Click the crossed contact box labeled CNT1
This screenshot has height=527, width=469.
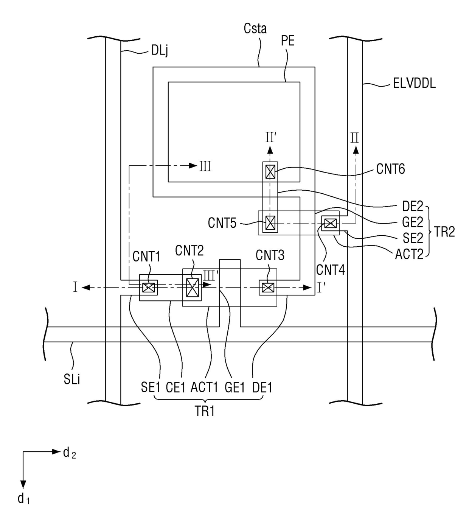(x=149, y=288)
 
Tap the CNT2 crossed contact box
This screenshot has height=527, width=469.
(x=192, y=288)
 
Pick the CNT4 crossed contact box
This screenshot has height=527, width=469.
(x=330, y=223)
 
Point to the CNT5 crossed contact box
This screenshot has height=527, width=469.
(x=270, y=223)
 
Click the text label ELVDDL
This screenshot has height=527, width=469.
(x=414, y=84)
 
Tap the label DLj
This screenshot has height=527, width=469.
(x=160, y=51)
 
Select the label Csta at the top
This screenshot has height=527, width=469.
(x=255, y=28)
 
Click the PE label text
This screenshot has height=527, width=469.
(x=288, y=41)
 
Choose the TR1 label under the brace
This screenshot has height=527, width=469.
(x=205, y=411)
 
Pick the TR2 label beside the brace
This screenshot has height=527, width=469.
(x=444, y=232)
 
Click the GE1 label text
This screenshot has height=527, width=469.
(x=235, y=387)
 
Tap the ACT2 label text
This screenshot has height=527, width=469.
(x=409, y=254)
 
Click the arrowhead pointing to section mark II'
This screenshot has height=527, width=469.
(x=270, y=150)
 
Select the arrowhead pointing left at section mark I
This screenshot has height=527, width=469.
(x=86, y=288)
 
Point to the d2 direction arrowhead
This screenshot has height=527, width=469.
(x=56, y=452)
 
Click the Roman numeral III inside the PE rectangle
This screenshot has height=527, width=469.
(x=205, y=166)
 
